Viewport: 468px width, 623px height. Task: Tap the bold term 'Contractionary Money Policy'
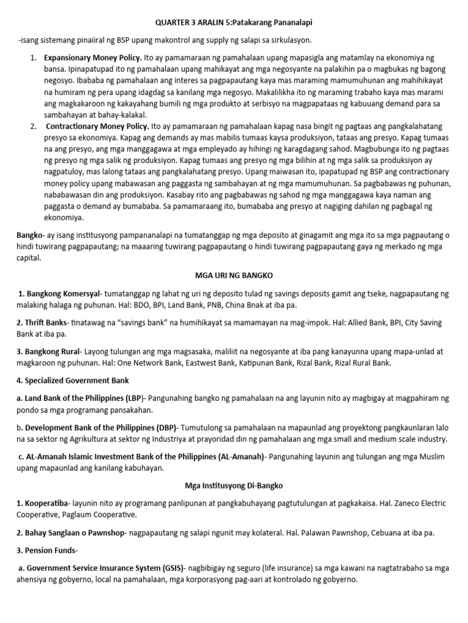pos(98,126)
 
